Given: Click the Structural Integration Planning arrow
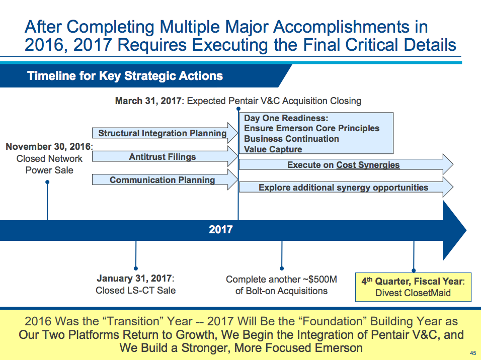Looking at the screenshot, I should click(162, 133).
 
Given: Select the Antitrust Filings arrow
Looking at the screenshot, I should click(162, 157).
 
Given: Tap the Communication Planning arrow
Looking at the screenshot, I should click(162, 180).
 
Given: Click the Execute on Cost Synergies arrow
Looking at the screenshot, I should click(344, 165).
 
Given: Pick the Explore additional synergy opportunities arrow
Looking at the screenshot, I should click(344, 188).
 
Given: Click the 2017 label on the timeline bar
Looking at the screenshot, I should click(221, 230).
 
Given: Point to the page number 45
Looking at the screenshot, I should click(472, 352).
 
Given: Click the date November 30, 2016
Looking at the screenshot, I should click(48, 147).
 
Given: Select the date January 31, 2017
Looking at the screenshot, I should click(134, 279).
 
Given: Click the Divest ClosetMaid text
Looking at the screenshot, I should click(413, 293).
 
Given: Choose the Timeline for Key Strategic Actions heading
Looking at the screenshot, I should click(125, 76).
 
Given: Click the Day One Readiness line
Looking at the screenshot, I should click(286, 119).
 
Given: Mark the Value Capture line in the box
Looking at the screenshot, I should click(273, 149).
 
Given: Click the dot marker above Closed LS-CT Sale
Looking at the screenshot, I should click(136, 268).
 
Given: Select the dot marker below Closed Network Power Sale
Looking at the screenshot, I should click(47, 183).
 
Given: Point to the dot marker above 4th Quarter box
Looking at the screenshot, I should click(414, 269).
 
